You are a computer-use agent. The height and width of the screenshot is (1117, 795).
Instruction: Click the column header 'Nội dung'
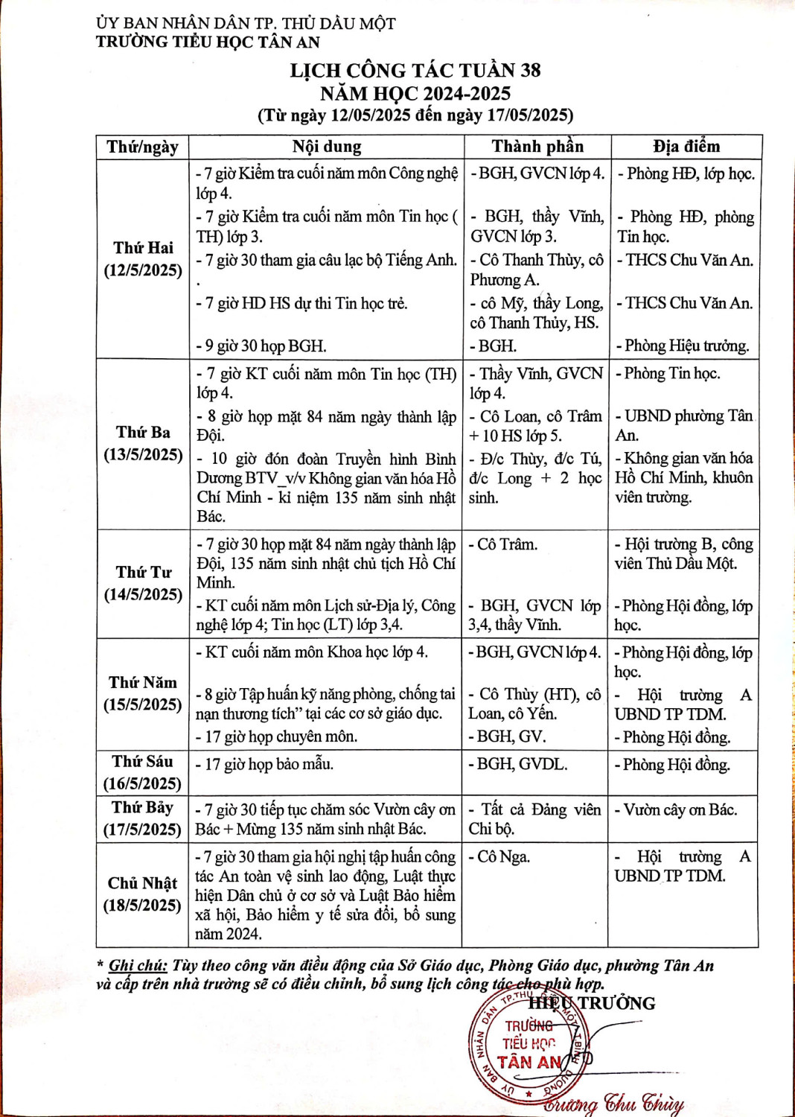326,147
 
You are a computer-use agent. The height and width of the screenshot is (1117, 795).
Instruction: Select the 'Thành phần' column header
537,147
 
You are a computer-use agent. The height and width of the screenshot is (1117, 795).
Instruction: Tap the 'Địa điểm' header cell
686,147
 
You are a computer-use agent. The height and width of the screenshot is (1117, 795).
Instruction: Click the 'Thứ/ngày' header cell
142,147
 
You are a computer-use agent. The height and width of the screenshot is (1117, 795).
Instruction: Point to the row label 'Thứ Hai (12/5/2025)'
143,259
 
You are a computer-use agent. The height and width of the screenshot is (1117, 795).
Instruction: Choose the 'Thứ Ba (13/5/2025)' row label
143,444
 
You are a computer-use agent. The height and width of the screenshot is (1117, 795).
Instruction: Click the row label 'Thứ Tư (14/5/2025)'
143,584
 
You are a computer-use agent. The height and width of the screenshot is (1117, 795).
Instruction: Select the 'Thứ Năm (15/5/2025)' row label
143,694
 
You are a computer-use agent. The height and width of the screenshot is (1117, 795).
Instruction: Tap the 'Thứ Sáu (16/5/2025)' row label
143,772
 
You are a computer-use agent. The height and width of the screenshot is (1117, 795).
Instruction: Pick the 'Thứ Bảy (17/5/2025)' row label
143,818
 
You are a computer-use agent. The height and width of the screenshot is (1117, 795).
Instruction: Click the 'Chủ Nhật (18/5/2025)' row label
143,894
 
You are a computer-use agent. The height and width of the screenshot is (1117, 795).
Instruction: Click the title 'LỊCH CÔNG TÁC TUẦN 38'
415,71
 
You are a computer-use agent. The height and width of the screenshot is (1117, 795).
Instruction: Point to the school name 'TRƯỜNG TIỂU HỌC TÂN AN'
208,42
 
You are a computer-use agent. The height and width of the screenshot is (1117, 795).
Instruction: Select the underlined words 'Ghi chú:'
138,966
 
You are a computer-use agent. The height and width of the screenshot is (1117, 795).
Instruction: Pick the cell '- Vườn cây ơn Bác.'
676,810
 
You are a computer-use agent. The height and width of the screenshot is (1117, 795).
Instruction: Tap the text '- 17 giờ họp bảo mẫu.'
264,764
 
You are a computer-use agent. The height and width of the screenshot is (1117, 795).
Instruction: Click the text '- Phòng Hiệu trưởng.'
683,346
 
